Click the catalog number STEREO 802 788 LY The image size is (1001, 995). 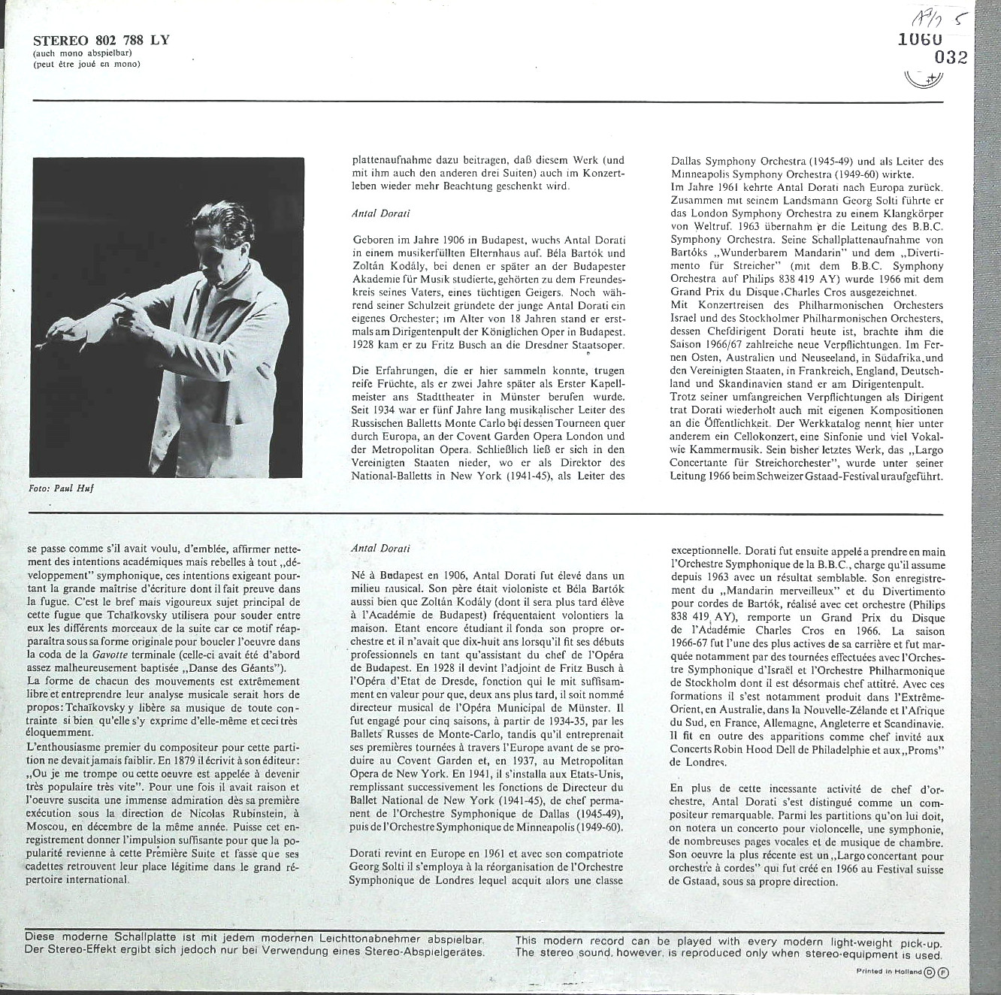101,40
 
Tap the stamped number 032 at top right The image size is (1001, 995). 950,58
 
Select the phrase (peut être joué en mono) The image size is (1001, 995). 86,65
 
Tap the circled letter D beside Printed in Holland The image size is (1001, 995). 930,972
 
